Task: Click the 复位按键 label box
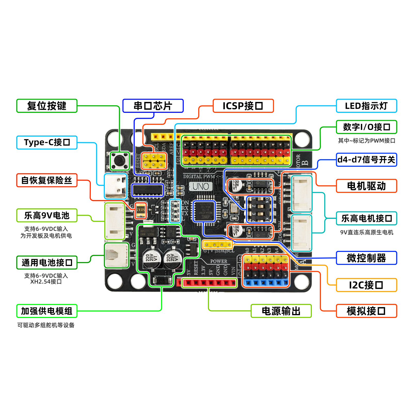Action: coord(47,106)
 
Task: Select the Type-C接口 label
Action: coord(47,142)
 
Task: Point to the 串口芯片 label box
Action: coord(153,106)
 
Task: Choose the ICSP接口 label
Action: coord(243,106)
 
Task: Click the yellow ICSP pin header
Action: coord(154,161)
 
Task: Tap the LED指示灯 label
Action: coord(366,106)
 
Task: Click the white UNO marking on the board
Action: coord(201,186)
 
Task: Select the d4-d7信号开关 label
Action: coord(366,160)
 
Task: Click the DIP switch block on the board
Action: coord(259,209)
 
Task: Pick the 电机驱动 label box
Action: coord(366,186)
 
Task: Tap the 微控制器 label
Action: coord(366,258)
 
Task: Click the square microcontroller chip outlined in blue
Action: coord(204,211)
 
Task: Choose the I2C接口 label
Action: coord(366,285)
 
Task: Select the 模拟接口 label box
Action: coord(366,311)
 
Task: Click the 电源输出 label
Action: coord(281,311)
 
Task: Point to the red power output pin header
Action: coord(209,283)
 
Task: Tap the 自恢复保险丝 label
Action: coord(47,180)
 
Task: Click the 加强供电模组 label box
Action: coord(47,311)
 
